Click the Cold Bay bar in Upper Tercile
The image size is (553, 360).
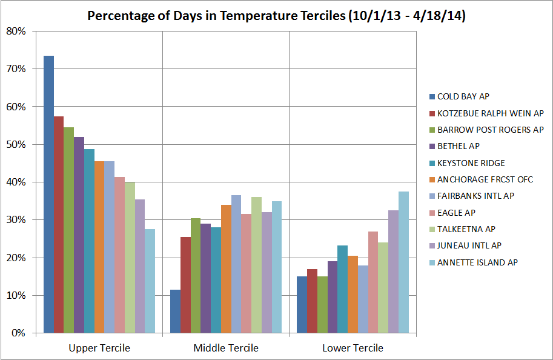click(48, 194)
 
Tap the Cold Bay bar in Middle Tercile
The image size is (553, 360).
click(175, 312)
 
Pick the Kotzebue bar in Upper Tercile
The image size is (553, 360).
click(59, 224)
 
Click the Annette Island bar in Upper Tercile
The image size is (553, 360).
click(150, 281)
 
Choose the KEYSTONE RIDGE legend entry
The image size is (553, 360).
click(471, 163)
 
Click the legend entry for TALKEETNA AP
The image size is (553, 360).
click(466, 229)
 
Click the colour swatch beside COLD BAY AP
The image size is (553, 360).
click(431, 96)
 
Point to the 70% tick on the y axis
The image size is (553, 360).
click(16, 69)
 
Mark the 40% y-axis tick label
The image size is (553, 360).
click(16, 182)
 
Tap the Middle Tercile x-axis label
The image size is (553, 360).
click(226, 348)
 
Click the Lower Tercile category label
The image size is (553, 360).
click(353, 348)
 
